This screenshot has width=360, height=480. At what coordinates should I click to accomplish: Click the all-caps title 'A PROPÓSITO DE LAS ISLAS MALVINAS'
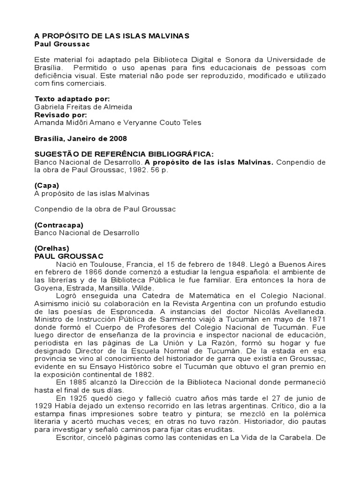[x=112, y=36]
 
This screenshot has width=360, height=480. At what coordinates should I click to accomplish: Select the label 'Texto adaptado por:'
[x=72, y=99]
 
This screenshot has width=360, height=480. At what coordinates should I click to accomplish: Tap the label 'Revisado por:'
[x=60, y=115]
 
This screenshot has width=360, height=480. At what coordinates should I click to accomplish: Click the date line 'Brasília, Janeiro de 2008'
[x=81, y=139]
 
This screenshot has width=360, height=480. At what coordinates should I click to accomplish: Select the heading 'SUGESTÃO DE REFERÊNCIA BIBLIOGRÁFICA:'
[x=124, y=155]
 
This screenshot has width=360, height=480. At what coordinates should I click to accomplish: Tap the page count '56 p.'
[x=159, y=171]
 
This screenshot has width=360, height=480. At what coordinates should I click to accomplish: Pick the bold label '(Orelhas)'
[x=52, y=248]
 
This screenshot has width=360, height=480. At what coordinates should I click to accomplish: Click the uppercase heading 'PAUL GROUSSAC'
[x=69, y=256]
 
